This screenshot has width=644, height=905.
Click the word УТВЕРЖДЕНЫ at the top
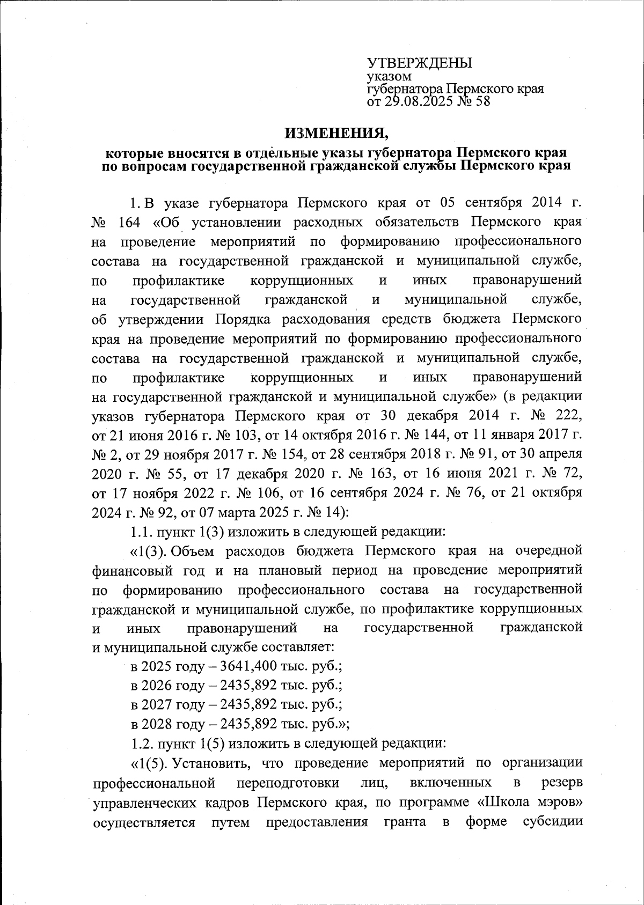(419, 62)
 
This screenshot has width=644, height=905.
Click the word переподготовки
(288, 782)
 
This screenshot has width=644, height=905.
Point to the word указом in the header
(389, 77)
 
